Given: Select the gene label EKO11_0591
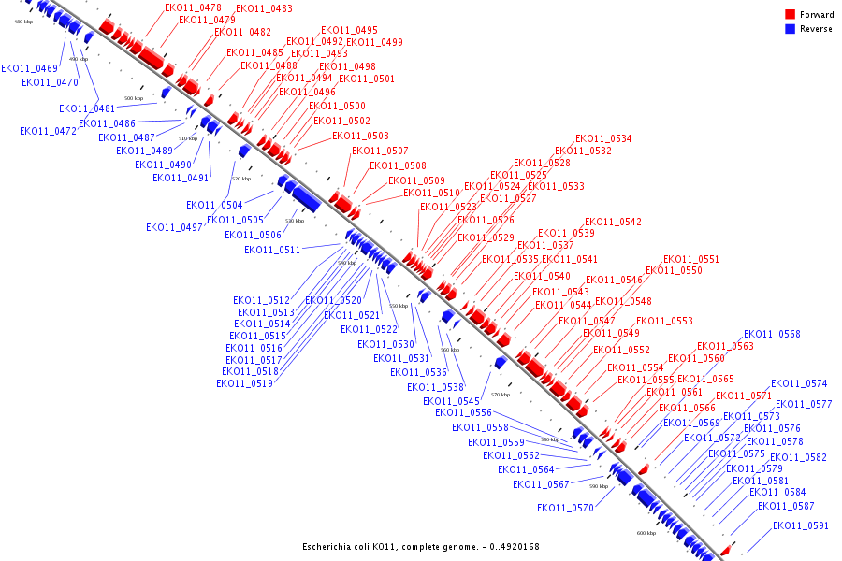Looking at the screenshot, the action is click(801, 525).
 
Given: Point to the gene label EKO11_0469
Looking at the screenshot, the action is click(29, 68).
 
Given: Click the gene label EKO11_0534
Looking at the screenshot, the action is click(602, 138).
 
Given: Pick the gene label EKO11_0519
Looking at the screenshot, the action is click(245, 383).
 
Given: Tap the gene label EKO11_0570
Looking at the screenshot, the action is click(565, 508).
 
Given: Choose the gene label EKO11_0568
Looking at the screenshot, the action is click(772, 334).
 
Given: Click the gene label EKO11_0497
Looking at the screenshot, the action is click(174, 227).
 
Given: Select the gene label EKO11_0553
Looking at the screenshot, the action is click(664, 321).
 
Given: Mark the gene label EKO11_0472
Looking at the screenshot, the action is click(48, 131).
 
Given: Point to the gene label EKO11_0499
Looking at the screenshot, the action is click(374, 42).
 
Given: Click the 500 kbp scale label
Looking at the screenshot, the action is click(134, 98).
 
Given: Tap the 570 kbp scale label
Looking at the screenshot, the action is click(500, 395).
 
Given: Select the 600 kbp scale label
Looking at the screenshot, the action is click(646, 533).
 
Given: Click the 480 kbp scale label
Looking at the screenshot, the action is click(23, 22).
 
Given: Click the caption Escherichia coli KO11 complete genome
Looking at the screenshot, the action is click(420, 547).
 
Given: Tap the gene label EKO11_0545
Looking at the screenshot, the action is click(451, 401).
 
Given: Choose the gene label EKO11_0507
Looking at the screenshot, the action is click(380, 151).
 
